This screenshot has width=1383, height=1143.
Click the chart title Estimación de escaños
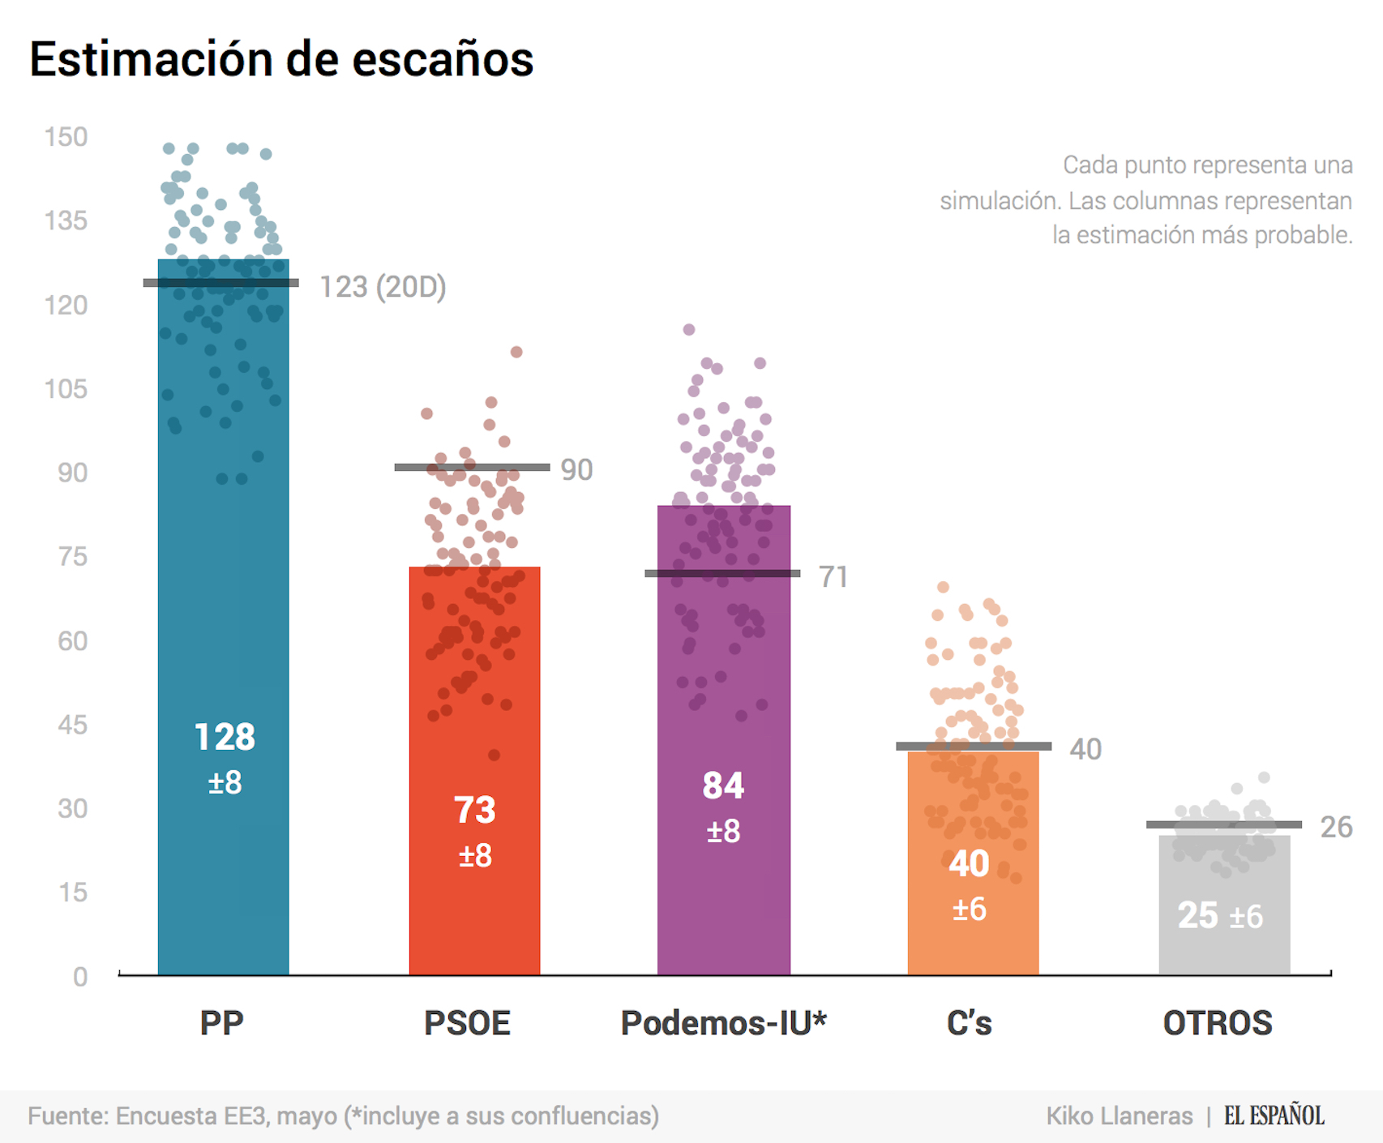281,59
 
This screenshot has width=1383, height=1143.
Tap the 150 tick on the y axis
66,137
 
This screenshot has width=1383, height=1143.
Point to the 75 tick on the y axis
72,557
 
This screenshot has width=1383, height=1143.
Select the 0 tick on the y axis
79,977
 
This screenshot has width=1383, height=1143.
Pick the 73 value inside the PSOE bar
474,810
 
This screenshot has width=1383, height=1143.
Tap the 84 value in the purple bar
723,786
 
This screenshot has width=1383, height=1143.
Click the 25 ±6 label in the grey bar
1220,916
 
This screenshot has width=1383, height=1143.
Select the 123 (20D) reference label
383,287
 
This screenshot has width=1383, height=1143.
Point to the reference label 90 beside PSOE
576,470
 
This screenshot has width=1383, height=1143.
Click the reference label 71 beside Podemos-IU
833,577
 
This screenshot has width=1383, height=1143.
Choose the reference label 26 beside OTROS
1336,827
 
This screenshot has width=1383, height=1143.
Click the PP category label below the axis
221,1023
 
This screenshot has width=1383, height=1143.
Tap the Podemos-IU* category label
723,1023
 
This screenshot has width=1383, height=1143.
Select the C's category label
969,1023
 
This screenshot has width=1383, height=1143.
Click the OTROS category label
1218,1023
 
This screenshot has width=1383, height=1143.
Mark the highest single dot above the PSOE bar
516,352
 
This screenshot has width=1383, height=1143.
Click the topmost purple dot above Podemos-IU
689,329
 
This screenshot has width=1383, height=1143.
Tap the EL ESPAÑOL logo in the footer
1274,1115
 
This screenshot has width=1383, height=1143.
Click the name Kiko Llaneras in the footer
1119,1116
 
